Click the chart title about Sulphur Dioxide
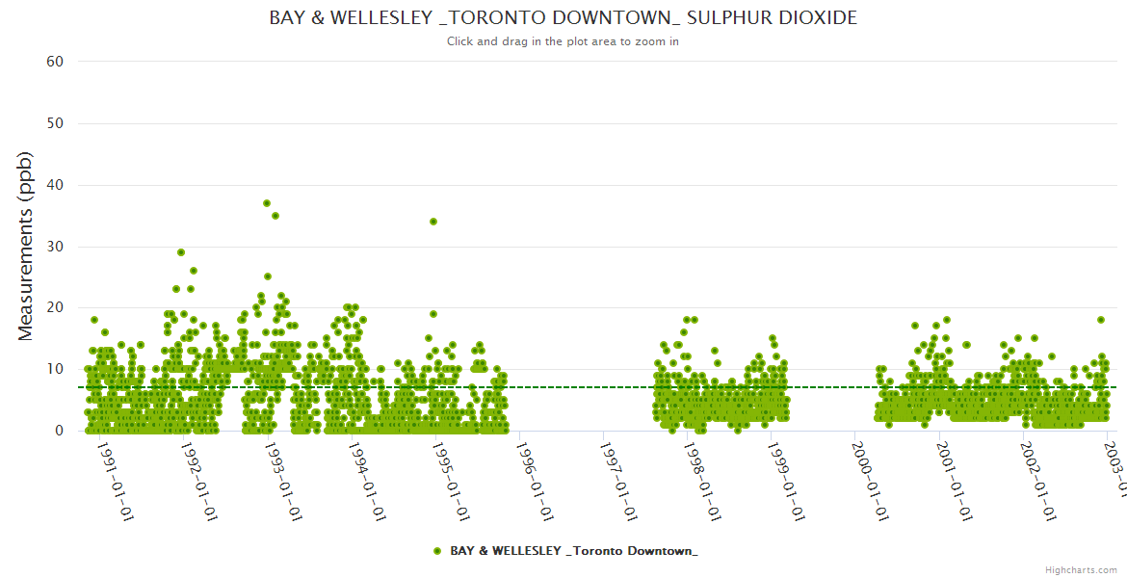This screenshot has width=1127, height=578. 563,18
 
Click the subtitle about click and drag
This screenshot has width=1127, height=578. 563,41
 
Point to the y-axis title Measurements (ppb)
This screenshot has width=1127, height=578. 26,246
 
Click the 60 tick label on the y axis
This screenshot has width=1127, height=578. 55,62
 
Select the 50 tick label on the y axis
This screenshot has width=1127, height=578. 55,123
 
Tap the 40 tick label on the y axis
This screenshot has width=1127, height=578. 55,185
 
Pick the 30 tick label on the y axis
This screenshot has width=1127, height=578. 55,247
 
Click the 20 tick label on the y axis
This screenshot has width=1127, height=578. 55,308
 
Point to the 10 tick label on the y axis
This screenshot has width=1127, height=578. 55,369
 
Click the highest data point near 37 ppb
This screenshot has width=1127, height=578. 267,203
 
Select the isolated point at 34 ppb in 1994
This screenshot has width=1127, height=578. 433,222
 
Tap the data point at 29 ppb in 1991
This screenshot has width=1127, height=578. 181,252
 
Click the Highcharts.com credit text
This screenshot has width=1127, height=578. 1081,569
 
